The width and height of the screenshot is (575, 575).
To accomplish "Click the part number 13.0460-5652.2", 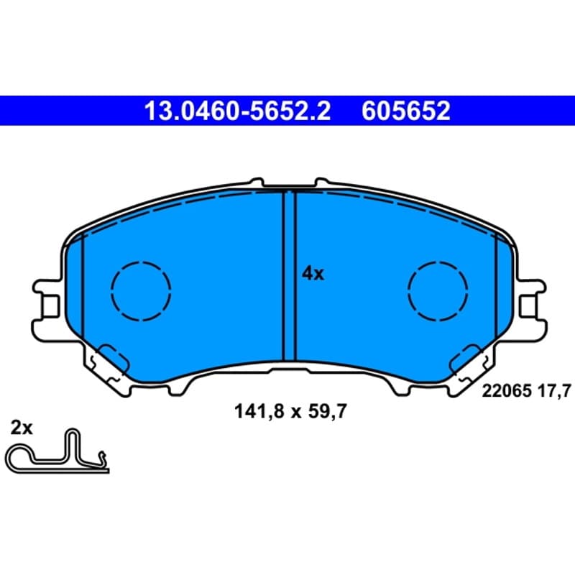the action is (237, 111).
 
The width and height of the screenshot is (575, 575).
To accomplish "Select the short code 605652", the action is (405, 111).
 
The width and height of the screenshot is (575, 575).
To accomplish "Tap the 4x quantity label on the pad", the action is (313, 274).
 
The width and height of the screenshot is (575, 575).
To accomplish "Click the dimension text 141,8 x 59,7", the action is (290, 411).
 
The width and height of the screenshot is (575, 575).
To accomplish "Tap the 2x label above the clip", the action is (22, 428).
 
